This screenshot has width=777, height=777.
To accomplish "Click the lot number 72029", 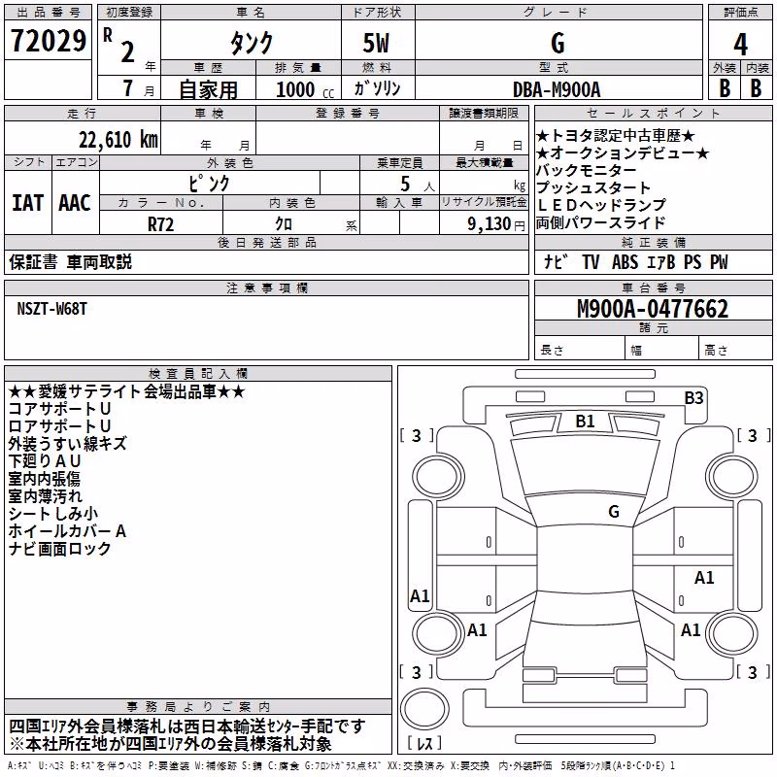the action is (x=48, y=41).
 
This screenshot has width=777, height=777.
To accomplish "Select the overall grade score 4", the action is (x=740, y=44).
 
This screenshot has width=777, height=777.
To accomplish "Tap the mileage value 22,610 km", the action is (x=118, y=140).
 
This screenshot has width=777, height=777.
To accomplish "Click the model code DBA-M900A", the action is (x=557, y=89).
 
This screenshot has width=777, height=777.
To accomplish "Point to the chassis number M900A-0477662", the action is (x=653, y=309).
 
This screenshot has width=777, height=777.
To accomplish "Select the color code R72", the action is (x=160, y=224).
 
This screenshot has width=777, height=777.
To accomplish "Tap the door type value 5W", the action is (x=376, y=43).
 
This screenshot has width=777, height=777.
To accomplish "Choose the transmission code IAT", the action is (x=27, y=203).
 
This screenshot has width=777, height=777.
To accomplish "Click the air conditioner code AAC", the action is (x=75, y=203).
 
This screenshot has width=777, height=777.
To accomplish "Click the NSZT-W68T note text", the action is (x=52, y=309).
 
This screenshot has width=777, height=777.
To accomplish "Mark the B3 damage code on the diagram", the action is (x=693, y=398).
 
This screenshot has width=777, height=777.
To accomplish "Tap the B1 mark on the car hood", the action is (x=585, y=422).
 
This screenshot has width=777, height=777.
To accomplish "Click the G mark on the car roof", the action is (x=614, y=511).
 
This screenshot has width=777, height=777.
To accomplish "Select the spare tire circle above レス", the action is (x=424, y=709).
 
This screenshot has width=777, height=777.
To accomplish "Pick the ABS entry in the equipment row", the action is (x=625, y=262).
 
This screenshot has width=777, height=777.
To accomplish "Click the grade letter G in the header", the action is (x=557, y=43).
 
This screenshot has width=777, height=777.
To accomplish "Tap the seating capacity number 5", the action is (x=405, y=184).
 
